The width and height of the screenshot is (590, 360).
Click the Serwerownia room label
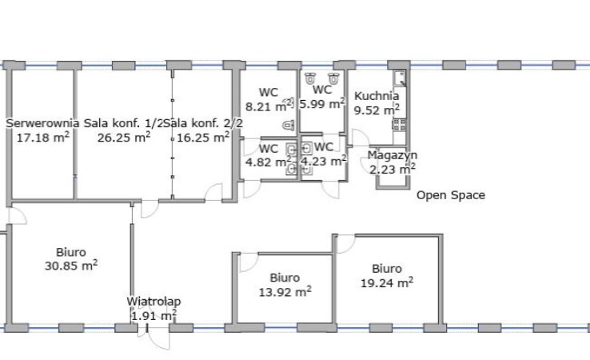point(42,123)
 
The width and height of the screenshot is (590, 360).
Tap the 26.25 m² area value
point(124,137)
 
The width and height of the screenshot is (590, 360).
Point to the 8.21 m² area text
point(269,106)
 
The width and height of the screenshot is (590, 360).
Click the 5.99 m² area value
point(322,103)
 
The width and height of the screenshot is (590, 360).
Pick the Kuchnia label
point(377,96)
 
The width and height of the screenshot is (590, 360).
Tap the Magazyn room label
point(392,155)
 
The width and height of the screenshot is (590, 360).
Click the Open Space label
point(451,195)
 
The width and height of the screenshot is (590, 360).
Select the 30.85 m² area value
point(71,266)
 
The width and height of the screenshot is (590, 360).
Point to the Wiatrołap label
point(153,302)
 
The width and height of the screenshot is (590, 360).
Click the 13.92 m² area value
point(285,291)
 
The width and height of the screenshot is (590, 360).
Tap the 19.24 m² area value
point(387,282)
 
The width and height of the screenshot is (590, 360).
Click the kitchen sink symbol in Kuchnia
point(400,78)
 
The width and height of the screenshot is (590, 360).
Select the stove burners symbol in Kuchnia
point(400,124)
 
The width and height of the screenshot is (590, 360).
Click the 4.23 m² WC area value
point(324,161)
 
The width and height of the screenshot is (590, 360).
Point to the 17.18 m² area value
point(43,137)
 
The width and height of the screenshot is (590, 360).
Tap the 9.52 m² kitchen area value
point(377,110)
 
